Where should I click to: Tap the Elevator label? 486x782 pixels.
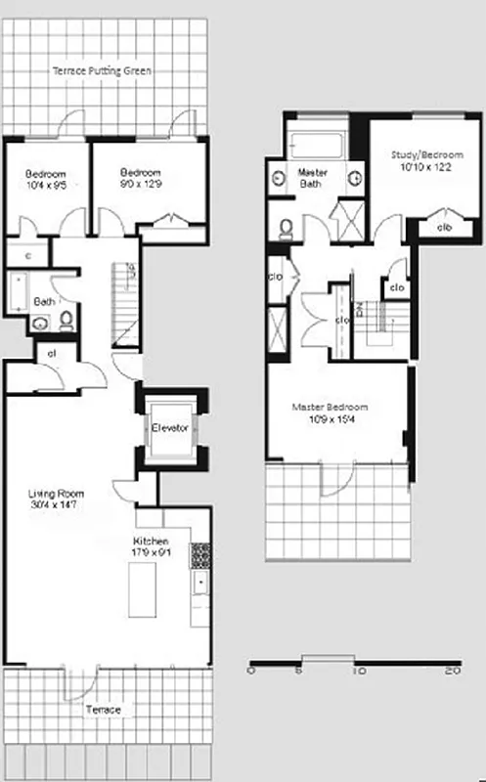[169, 428]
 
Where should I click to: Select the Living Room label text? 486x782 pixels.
[53, 500]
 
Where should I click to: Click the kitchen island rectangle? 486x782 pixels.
[142, 589]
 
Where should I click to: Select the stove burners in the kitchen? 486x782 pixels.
[199, 556]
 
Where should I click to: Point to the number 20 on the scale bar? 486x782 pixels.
[452, 671]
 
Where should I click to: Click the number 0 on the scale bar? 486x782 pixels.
[251, 671]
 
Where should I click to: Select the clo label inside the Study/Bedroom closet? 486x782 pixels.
[444, 228]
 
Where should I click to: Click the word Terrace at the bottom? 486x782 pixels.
[105, 709]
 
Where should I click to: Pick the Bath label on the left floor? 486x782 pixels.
[44, 302]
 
